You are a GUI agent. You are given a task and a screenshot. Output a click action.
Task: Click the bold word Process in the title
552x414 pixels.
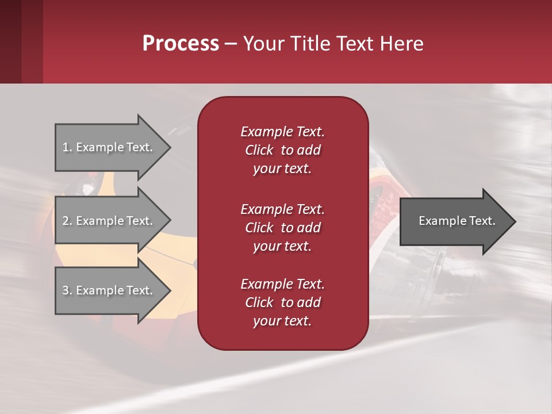pos(181,44)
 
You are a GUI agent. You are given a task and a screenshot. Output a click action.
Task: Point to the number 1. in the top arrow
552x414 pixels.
pos(67,147)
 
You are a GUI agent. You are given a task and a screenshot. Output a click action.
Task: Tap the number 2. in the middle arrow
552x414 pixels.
pos(67,221)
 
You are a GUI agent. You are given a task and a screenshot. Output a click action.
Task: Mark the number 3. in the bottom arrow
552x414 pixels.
pos(67,290)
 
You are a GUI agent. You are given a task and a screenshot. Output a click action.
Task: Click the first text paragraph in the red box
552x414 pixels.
pos(282,150)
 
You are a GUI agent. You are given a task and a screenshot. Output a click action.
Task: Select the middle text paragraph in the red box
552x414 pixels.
pos(282,228)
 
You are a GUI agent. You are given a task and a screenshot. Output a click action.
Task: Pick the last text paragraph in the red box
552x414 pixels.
pos(282,302)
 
